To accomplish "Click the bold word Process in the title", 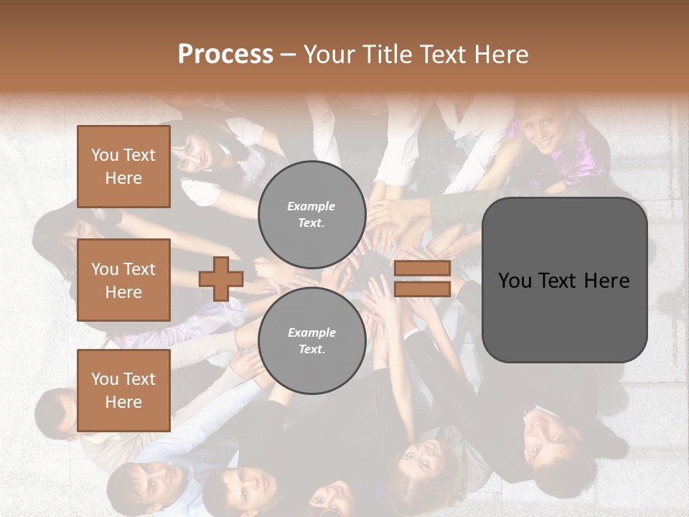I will pyautogui.click(x=225, y=55).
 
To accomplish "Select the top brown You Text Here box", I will pyautogui.click(x=123, y=167).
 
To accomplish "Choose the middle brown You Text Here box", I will pyautogui.click(x=123, y=280).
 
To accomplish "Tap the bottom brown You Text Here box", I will pyautogui.click(x=123, y=391).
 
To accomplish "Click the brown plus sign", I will pyautogui.click(x=221, y=279).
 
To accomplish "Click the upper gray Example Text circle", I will pyautogui.click(x=311, y=215).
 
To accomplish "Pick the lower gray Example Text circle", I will pyautogui.click(x=311, y=341).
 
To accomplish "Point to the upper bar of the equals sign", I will pyautogui.click(x=422, y=268).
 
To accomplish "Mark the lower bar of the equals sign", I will pyautogui.click(x=422, y=289).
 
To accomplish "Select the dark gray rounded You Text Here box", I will pyautogui.click(x=564, y=280).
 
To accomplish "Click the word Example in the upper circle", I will pyautogui.click(x=311, y=206).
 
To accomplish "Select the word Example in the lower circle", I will pyautogui.click(x=311, y=332).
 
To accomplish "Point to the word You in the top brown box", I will pyautogui.click(x=105, y=155).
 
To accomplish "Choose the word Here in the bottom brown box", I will pyautogui.click(x=123, y=402).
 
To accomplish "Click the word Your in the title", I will pyautogui.click(x=329, y=55).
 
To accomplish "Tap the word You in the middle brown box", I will pyautogui.click(x=105, y=269).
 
